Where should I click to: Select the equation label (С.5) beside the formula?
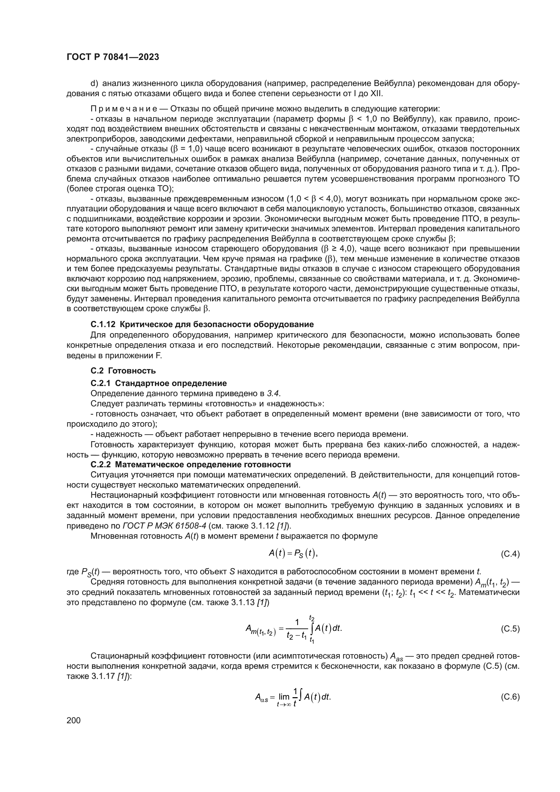point(510,629)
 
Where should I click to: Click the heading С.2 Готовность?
point(123,371)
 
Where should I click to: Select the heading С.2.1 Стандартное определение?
point(158,383)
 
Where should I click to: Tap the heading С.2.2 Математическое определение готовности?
point(191,464)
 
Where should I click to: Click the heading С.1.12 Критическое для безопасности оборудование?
point(202,324)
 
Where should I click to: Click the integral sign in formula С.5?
point(312,629)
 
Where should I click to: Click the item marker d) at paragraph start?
point(94,84)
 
